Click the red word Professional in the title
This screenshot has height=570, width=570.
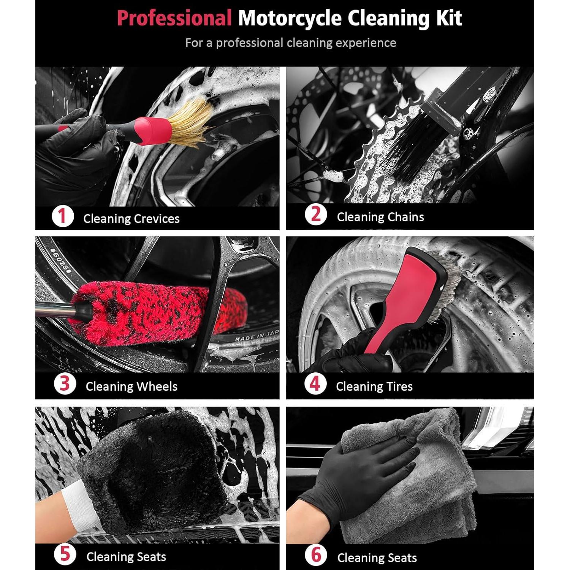(174, 18)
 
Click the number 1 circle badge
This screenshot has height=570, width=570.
(62, 217)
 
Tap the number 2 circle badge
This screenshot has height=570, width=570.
(315, 215)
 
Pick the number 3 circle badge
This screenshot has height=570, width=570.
(65, 384)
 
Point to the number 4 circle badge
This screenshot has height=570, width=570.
(315, 384)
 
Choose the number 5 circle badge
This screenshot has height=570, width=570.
(65, 554)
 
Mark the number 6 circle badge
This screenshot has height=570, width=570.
(316, 555)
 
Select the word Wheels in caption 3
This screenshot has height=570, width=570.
(157, 386)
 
